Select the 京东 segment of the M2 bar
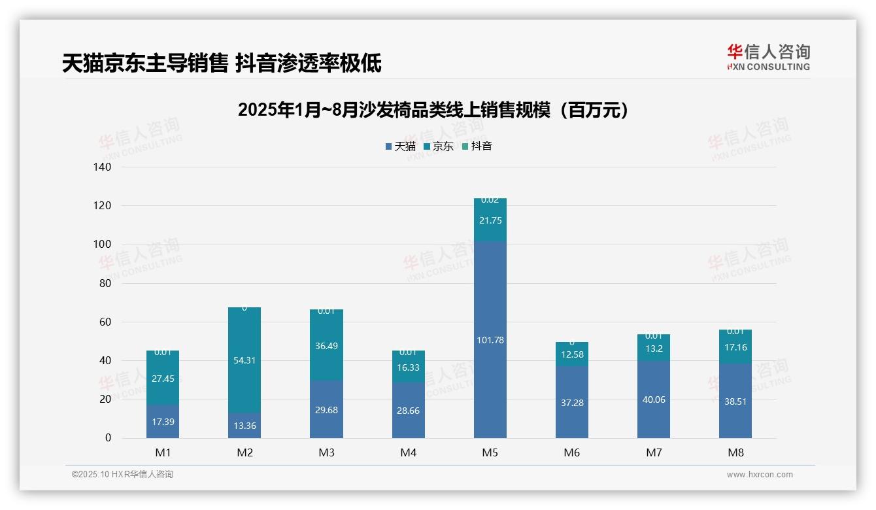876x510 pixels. [x=244, y=360]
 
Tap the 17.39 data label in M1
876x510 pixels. [x=163, y=422]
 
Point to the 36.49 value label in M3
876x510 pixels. [x=326, y=346]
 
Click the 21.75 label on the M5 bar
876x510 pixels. [x=490, y=220]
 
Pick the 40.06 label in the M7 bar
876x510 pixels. [x=653, y=399]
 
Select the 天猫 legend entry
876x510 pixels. [x=400, y=146]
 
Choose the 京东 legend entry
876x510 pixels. [x=439, y=146]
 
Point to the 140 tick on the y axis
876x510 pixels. [x=103, y=167]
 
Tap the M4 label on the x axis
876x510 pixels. [x=408, y=452]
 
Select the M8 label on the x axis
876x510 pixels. [x=735, y=452]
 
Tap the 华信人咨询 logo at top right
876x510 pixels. [x=768, y=57]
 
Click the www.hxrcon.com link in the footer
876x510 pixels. [x=760, y=475]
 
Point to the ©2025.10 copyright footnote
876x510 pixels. [x=122, y=475]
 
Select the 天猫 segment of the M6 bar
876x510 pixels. [x=571, y=403]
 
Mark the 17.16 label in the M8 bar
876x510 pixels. [x=735, y=347]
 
